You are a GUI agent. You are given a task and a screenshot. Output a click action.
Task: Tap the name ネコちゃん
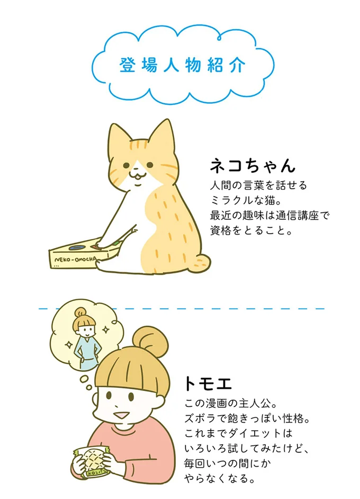(x=252, y=166)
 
